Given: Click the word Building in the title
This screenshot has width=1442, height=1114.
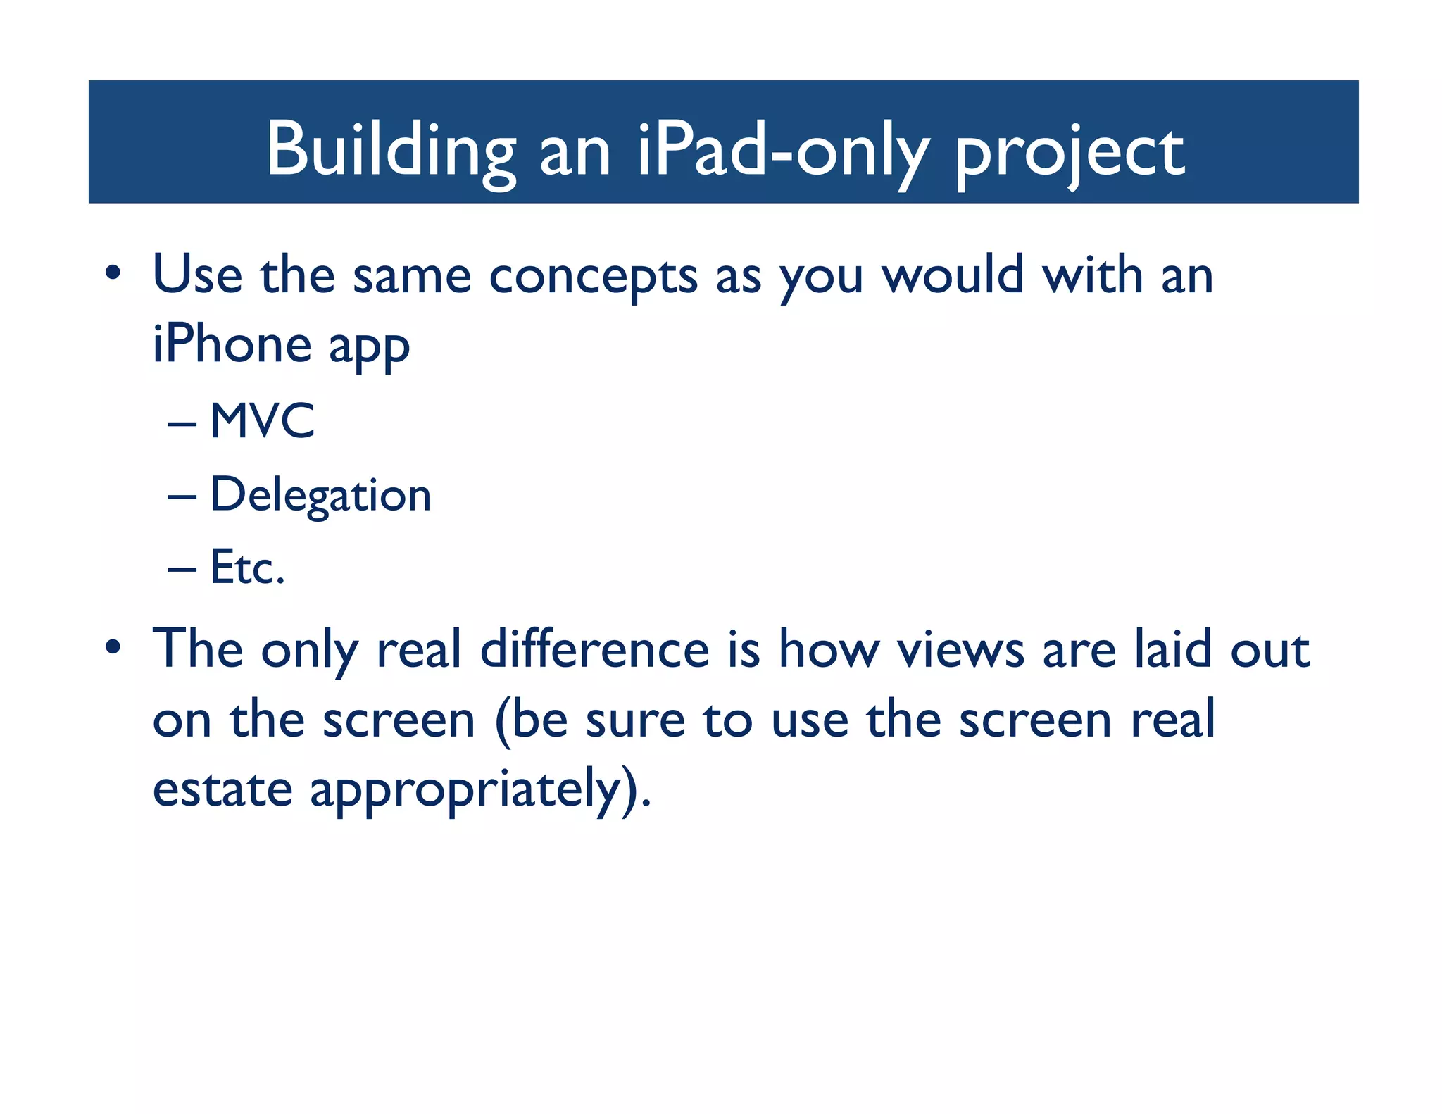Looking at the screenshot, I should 390,149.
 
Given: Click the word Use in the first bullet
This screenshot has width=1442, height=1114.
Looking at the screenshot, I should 197,275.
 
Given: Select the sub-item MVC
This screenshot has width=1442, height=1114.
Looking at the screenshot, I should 262,421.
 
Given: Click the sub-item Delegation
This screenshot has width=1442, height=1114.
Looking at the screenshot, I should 320,495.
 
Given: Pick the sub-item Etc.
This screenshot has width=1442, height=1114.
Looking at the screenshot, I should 247,568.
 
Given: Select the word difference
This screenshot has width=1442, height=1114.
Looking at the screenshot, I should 594,649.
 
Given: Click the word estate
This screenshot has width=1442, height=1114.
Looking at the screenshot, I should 222,789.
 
